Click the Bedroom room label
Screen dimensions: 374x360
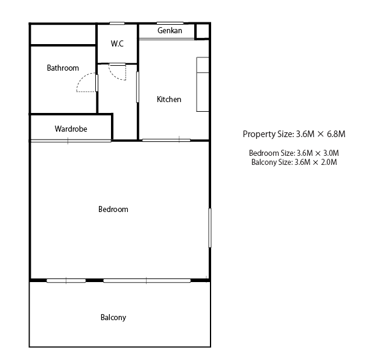(x=113, y=209)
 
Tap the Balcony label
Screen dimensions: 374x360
(x=113, y=318)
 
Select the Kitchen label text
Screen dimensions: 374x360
(x=169, y=100)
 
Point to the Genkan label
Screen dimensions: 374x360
(x=170, y=31)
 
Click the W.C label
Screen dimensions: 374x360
(x=117, y=43)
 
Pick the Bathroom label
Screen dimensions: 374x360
(x=63, y=68)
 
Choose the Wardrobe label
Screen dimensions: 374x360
(x=71, y=129)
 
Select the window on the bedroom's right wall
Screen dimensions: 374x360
(x=210, y=228)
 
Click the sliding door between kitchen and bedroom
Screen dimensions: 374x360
(x=166, y=140)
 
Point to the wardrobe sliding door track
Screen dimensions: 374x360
(x=71, y=141)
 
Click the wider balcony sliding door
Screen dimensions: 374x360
(x=147, y=281)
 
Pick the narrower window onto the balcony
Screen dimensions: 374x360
(x=66, y=281)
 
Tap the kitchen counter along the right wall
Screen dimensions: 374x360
(x=203, y=85)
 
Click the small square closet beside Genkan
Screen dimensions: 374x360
(x=202, y=31)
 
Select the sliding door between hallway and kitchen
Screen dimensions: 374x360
(x=138, y=87)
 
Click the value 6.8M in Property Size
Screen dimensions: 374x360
(x=336, y=134)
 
